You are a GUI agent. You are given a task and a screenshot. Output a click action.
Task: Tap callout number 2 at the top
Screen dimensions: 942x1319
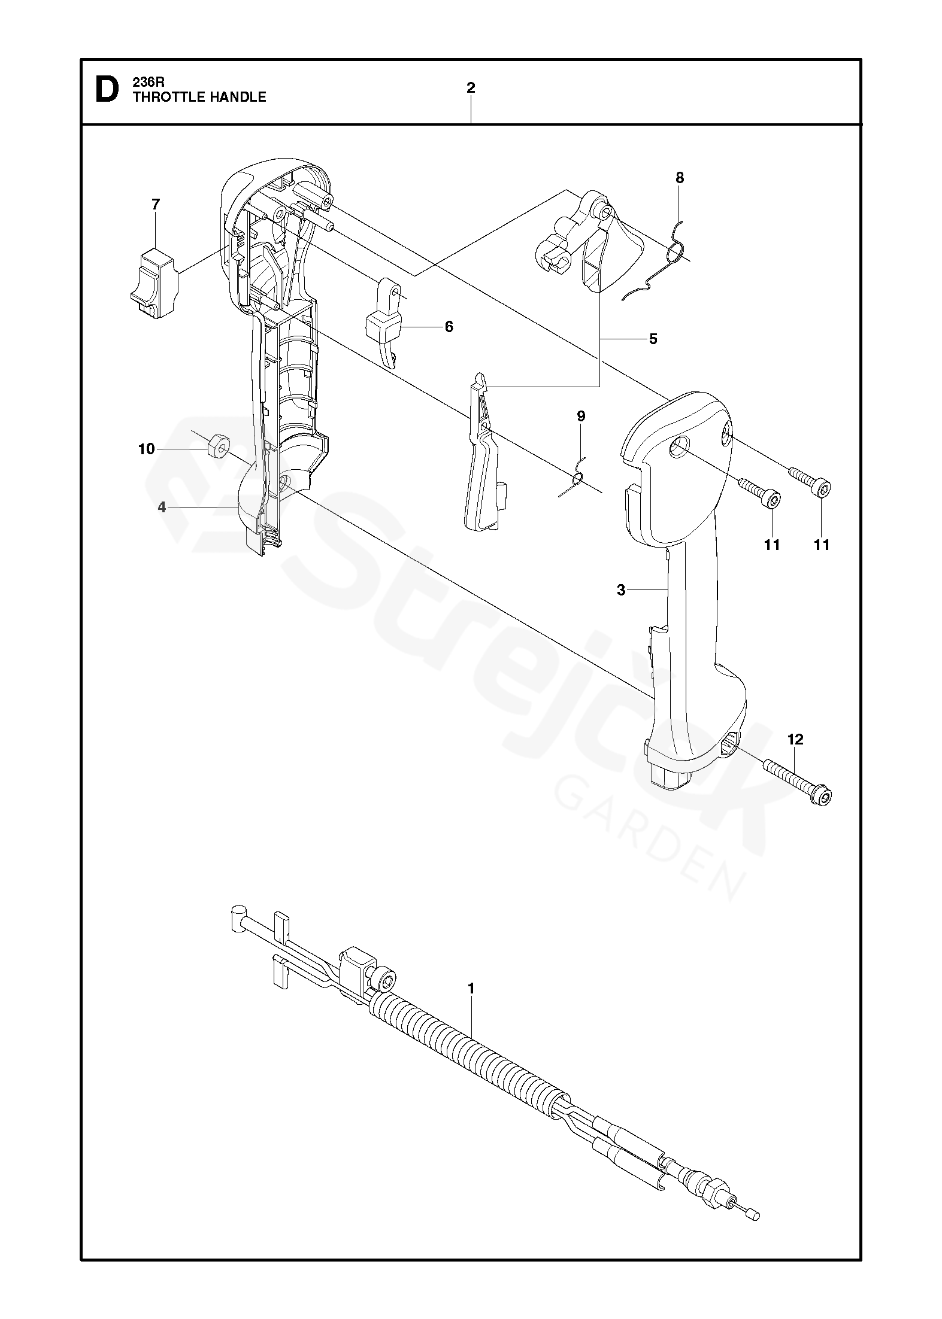click(471, 88)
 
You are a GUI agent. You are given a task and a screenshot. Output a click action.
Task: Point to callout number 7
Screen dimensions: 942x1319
click(156, 205)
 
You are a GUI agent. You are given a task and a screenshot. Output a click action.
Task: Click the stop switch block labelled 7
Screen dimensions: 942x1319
click(154, 283)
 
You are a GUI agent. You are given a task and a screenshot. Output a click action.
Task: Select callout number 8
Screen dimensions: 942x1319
click(679, 178)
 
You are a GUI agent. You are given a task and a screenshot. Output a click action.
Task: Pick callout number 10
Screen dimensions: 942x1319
click(147, 449)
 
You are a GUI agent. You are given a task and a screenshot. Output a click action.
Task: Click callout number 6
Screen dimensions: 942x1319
click(449, 327)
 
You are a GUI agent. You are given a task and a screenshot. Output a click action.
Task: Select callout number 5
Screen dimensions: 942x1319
click(653, 339)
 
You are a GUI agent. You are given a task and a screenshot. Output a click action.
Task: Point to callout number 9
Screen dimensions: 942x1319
click(581, 416)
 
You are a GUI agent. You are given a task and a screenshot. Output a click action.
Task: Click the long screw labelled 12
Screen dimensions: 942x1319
click(796, 781)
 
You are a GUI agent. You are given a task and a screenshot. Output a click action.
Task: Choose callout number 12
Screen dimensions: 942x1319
click(795, 740)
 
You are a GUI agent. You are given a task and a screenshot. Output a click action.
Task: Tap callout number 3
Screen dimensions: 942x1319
click(621, 590)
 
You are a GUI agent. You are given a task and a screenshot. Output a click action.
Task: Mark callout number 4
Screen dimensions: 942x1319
click(162, 507)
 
